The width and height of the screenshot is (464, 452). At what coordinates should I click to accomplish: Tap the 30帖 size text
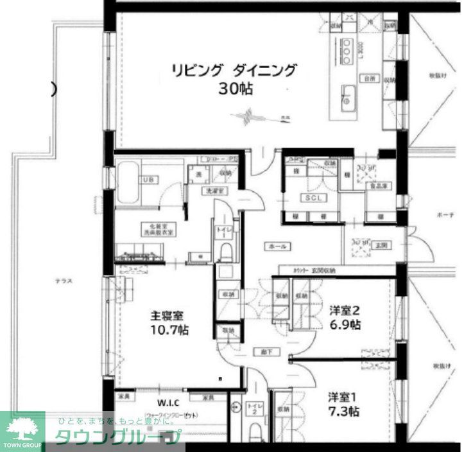234,89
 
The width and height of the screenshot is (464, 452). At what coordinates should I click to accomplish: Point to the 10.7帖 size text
169,331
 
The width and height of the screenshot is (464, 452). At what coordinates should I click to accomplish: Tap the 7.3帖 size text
343,411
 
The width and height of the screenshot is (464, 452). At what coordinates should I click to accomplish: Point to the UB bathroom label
148,179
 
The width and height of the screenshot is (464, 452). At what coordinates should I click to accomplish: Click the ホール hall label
277,246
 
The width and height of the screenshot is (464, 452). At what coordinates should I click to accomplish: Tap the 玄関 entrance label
383,244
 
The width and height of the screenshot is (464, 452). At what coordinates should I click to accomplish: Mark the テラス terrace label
63,281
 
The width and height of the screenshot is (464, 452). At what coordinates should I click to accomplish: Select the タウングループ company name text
116,438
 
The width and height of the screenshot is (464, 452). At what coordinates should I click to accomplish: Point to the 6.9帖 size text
345,325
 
